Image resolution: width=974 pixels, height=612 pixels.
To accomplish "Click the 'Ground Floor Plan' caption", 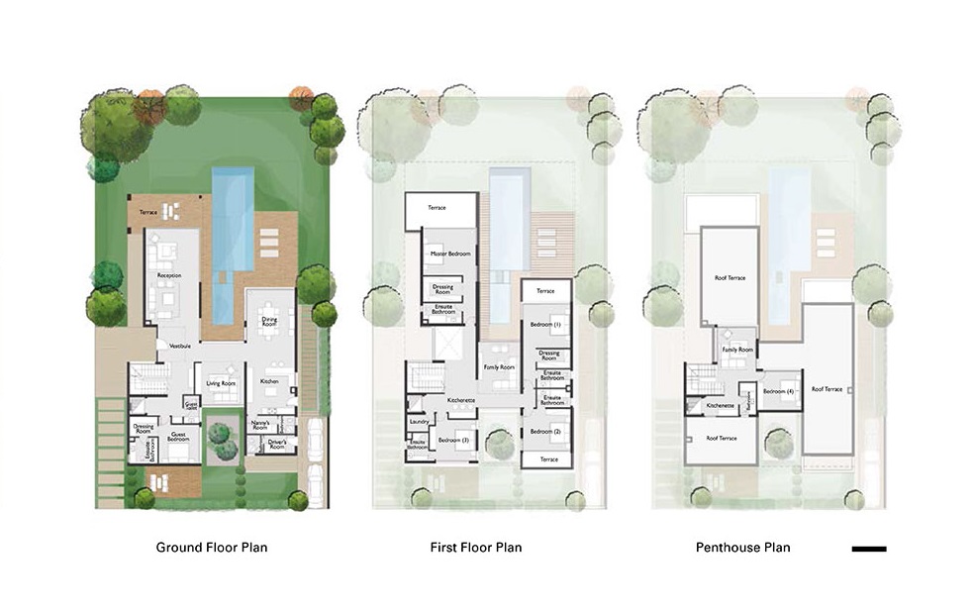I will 211,547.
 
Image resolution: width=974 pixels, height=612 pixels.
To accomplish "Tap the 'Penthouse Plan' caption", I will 742,547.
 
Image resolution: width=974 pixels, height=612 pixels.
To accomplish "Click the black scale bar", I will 868,548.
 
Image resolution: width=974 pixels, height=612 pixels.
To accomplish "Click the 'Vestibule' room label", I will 180,346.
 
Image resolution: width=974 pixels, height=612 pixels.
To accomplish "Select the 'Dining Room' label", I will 269,321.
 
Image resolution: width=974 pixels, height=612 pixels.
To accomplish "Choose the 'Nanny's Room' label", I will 262,424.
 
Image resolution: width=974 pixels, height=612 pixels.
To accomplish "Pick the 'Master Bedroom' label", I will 448,255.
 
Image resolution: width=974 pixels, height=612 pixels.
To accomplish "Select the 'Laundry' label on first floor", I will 418,422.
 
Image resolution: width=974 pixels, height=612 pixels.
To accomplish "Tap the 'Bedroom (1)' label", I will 544,324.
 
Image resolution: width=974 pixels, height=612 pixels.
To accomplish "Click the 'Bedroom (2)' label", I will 544,432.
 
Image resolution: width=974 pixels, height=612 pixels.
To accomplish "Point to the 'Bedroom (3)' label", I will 452,439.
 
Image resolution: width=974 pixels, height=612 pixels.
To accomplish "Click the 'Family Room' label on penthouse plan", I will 736,350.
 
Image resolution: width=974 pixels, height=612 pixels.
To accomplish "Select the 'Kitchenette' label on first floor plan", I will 461,400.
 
